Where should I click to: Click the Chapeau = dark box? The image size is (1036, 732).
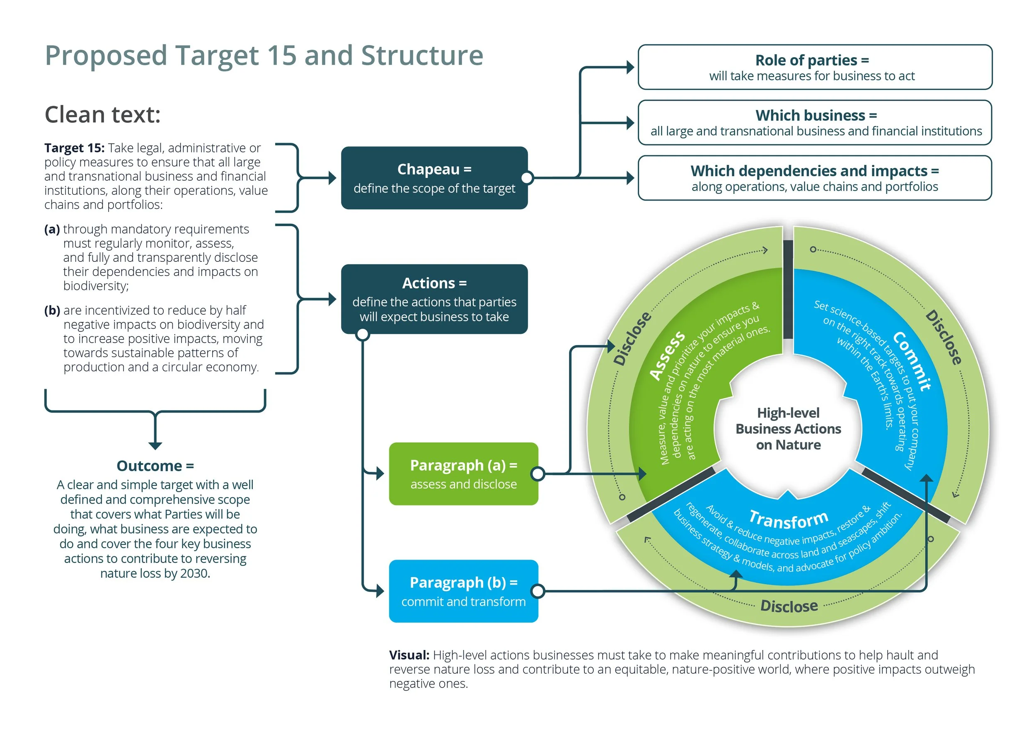pos(434,178)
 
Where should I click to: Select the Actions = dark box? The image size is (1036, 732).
pos(434,299)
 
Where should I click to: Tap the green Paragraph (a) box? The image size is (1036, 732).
pos(463,474)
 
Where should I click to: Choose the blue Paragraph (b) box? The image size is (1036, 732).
pos(463,591)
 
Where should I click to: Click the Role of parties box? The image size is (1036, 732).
pos(814,67)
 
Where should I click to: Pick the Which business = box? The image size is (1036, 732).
pos(814,123)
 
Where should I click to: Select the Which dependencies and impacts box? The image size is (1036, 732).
pos(814,178)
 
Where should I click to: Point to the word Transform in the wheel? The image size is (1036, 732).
pos(789,519)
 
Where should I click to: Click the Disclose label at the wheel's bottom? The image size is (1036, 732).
pos(789,606)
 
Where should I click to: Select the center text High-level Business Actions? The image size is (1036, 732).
pos(788,428)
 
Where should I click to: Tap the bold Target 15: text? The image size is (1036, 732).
pos(74,148)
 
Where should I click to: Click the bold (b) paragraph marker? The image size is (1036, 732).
pos(52,310)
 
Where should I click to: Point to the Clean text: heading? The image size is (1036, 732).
pos(102,115)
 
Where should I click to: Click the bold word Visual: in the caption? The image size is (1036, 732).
pos(409,655)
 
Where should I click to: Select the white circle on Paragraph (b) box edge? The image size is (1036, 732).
pos(537,591)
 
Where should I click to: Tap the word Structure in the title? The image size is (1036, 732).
pos(422,56)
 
